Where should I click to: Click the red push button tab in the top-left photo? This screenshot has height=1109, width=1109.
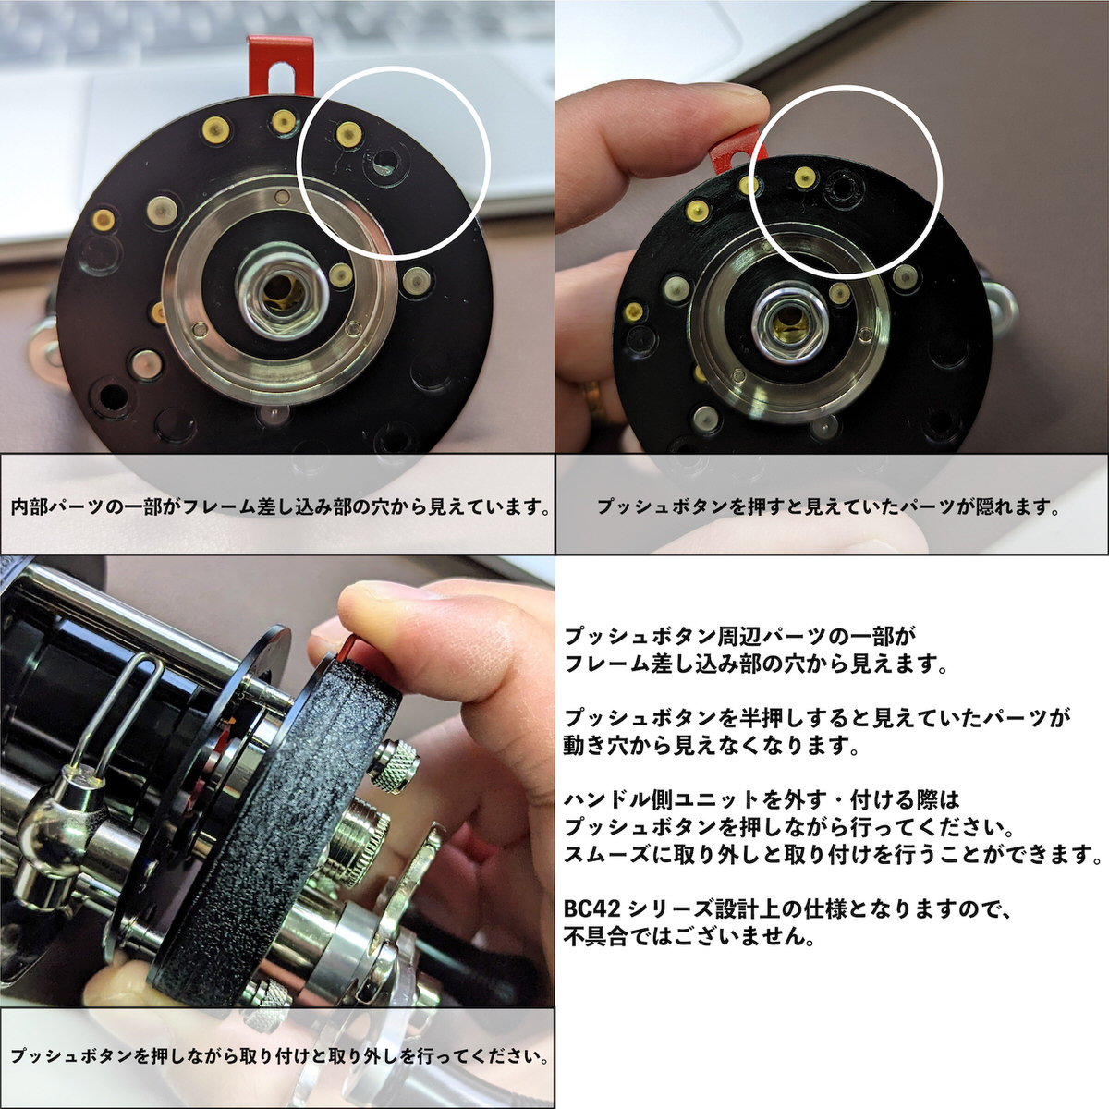pyautogui.click(x=281, y=65)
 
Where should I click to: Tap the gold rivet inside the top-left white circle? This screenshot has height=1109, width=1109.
pyautogui.click(x=348, y=135)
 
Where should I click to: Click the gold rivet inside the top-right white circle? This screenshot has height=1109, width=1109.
pyautogui.click(x=804, y=177)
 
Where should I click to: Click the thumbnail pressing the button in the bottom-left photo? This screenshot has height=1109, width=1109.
pyautogui.click(x=386, y=593)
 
